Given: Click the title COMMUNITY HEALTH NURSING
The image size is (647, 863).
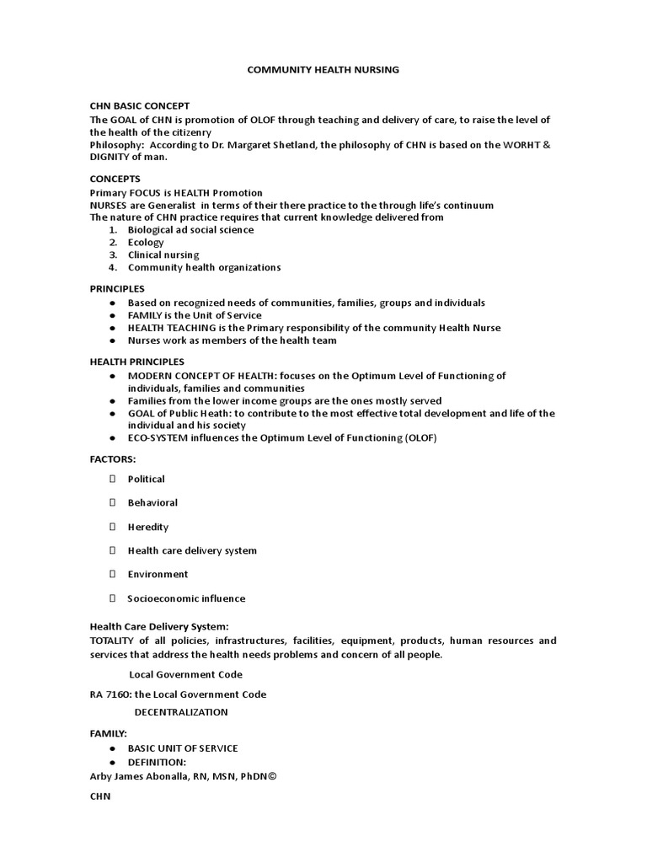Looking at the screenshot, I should click(323, 70).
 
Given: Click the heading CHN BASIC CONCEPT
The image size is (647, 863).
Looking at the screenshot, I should click(140, 106).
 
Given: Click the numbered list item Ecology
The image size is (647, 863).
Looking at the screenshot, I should click(146, 243).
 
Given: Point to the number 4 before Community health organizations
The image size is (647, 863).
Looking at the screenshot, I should click(113, 268).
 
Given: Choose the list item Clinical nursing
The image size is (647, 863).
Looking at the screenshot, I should click(163, 255).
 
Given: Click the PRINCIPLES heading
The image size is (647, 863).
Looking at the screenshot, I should click(117, 289).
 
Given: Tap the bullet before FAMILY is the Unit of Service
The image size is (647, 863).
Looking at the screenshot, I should click(113, 315).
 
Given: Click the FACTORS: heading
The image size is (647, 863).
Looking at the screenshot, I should click(113, 459).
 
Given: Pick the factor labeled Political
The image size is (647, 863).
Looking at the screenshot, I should click(147, 479).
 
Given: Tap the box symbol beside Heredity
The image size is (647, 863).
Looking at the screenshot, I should click(112, 527).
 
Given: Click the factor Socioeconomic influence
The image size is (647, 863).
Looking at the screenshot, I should click(186, 598).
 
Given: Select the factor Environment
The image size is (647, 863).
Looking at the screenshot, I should click(158, 574).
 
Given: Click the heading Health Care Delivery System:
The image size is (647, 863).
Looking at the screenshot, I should click(159, 627).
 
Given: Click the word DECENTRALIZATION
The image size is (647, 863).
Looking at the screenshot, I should click(181, 712).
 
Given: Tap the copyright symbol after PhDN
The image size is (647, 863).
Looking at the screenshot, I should click(271, 776).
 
